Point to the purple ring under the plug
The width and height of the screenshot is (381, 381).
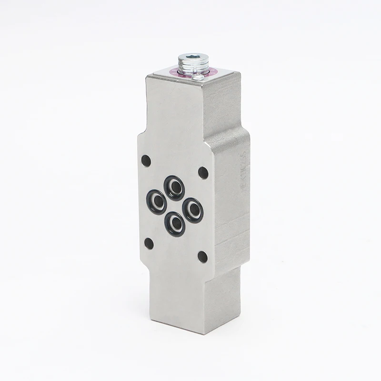pos(211,72)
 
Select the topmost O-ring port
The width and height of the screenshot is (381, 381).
pos(174,188)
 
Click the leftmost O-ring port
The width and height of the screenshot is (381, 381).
pos(156,202)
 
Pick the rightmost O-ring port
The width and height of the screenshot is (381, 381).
pos(193,210)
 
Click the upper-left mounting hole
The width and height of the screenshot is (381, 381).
pos(146,160)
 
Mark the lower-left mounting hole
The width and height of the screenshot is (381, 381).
pos(149,243)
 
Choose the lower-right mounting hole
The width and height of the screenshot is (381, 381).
pos(203,257)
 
